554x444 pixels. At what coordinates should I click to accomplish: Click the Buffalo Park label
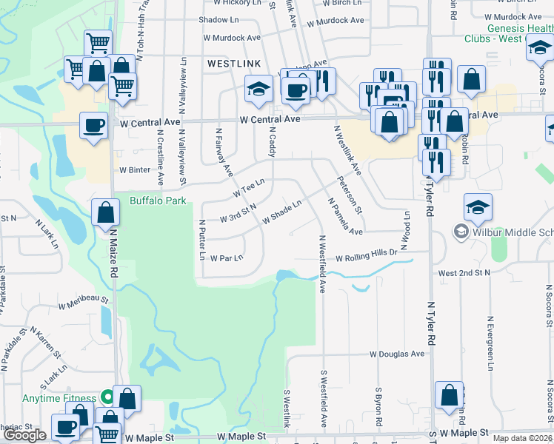tap(158, 201)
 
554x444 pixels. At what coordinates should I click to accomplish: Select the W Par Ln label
tap(227, 258)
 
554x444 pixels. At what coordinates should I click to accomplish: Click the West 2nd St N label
tap(464, 273)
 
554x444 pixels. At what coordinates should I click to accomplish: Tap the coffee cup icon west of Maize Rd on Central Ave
tap(93, 126)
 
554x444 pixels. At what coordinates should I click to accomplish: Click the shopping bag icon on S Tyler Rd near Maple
tap(449, 395)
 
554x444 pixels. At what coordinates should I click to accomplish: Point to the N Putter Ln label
tap(201, 239)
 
